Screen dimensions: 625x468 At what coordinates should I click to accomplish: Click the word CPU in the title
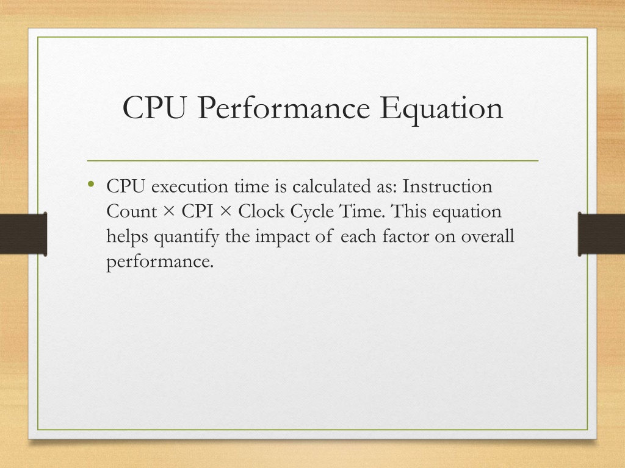coord(154,107)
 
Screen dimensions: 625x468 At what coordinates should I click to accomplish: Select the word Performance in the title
coord(284,107)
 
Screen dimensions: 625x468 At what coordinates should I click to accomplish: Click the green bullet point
coord(92,183)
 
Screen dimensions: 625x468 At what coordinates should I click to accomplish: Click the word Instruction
coord(447,186)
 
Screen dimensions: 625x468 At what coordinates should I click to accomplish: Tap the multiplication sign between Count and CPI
coord(169,211)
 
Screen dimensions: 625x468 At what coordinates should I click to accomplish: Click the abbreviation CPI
coord(197,211)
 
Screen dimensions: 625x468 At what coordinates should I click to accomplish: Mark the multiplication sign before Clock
coord(226,211)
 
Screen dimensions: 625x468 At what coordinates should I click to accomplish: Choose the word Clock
coord(261,211)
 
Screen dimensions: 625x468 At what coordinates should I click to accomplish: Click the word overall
coord(488,236)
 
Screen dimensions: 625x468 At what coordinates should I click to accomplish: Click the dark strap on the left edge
coord(24,233)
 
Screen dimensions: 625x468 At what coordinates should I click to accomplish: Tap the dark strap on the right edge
coord(601,233)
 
